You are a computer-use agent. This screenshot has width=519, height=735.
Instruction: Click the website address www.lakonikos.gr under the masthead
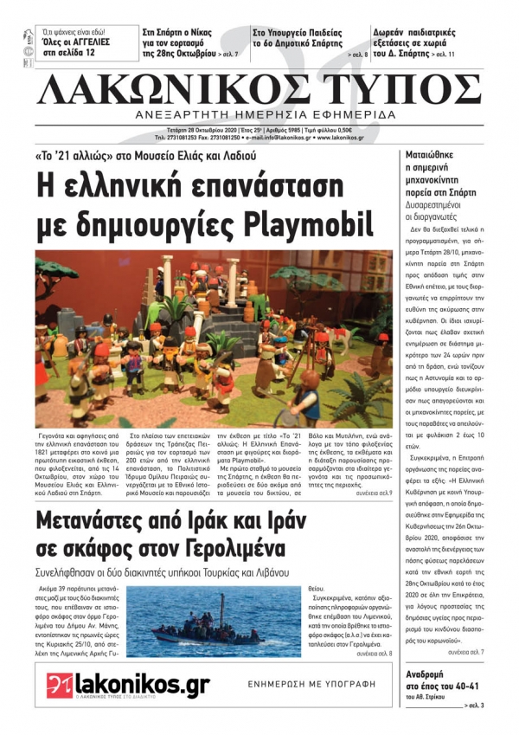tap(338, 138)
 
